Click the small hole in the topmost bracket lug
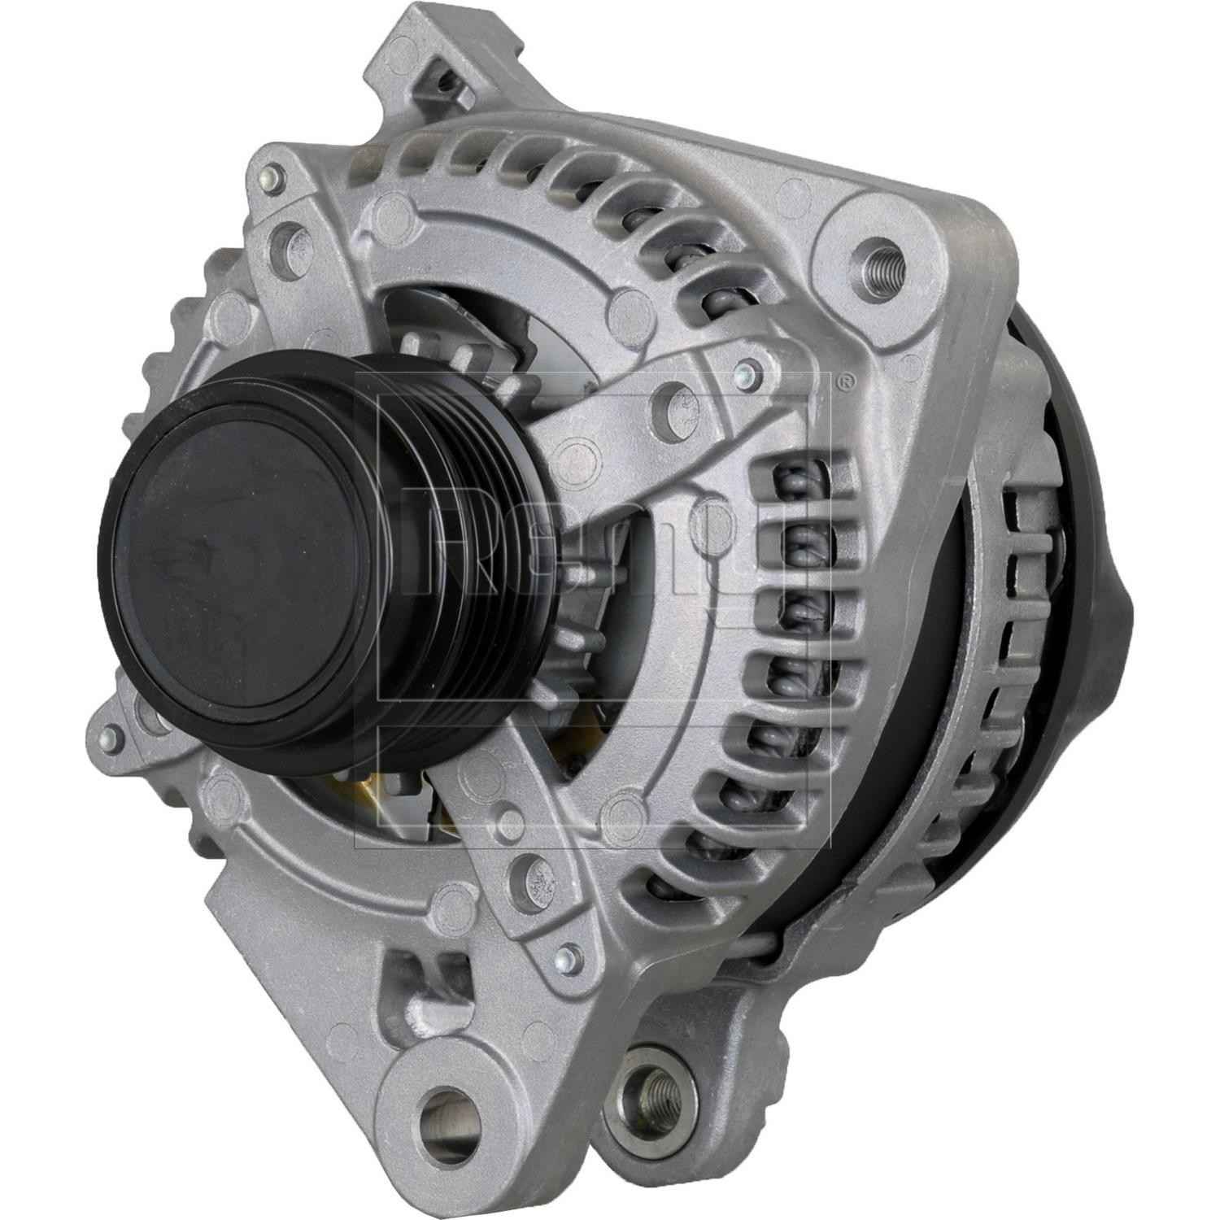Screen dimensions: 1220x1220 click(x=443, y=81)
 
